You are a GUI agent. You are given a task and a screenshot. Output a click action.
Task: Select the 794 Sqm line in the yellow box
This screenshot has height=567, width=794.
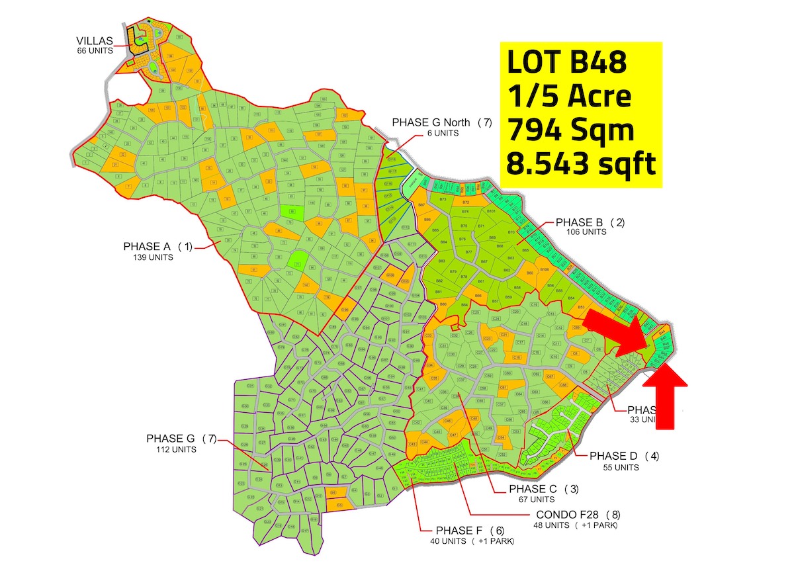tap(570, 130)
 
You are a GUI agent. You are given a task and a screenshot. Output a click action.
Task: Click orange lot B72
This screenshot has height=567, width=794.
tap(466, 202)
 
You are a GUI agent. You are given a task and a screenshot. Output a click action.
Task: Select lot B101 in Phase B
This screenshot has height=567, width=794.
tap(491, 211)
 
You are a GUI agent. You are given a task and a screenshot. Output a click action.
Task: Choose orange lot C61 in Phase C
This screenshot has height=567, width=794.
tap(503, 387)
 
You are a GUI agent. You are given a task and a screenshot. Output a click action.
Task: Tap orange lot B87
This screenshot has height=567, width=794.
tap(421, 206)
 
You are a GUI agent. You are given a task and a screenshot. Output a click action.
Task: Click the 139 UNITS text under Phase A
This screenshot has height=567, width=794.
tap(153, 257)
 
